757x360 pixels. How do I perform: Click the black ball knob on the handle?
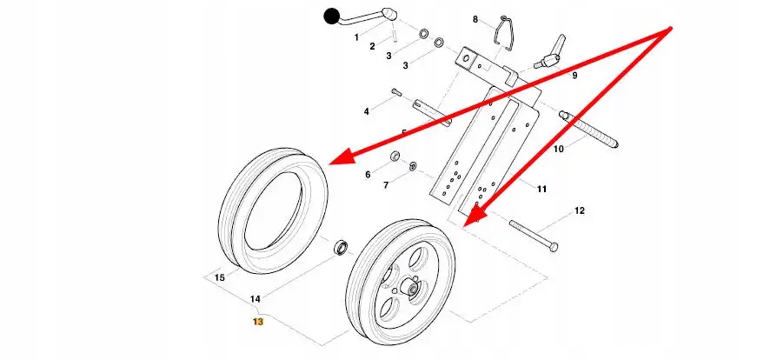tap(331, 16)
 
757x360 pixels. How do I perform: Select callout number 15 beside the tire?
tap(219, 278)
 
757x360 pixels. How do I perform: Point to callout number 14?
tap(256, 299)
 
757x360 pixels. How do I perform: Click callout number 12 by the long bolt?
tap(580, 211)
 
